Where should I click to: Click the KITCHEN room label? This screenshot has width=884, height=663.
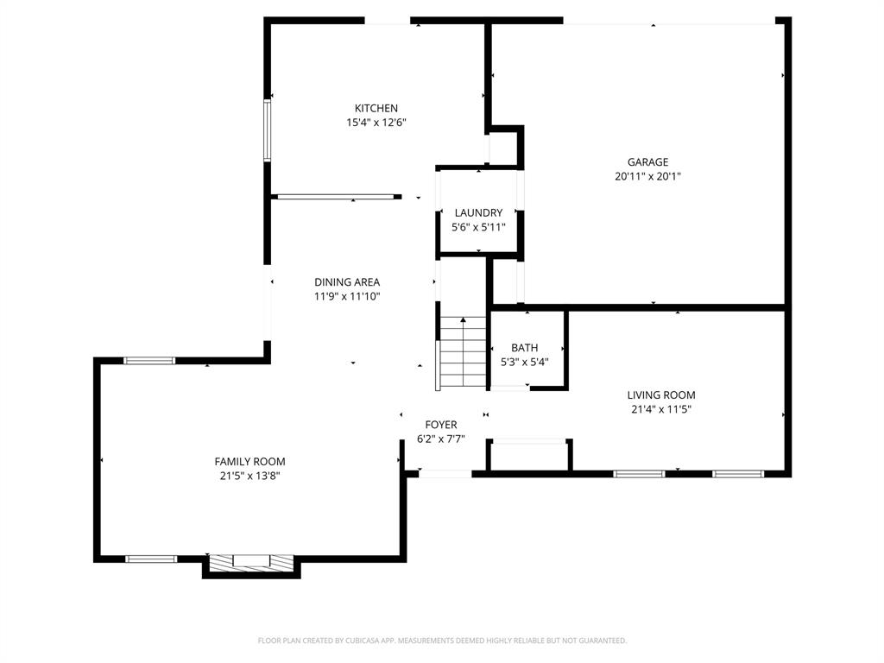coord(376,108)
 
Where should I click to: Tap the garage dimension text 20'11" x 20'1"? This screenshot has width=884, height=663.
coord(647,176)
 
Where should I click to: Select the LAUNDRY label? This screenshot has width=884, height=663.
coord(478,212)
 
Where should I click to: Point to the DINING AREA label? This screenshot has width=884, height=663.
coord(347,281)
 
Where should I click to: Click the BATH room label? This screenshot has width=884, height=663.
coord(524,347)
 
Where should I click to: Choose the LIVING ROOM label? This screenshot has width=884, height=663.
coord(661,395)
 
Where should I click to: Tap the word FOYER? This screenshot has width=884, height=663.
coord(441,424)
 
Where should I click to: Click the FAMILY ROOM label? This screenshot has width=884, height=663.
coord(249,461)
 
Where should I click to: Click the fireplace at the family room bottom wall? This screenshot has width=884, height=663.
coord(251,561)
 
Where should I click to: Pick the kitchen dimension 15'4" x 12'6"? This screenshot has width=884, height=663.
coord(376,123)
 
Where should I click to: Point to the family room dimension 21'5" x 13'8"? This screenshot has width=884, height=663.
coord(249,476)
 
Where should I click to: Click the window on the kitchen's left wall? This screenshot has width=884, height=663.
coord(268,130)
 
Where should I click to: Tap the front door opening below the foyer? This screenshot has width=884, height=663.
coord(445,473)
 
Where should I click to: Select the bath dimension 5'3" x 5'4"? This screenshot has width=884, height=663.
coord(525,362)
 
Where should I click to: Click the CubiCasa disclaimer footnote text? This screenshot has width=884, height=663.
coord(442,641)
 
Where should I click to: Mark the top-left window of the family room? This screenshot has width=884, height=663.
coord(149,360)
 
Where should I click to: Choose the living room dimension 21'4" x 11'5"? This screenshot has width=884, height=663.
coord(661,409)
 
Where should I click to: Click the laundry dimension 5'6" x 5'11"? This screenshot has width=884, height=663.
coord(478,227)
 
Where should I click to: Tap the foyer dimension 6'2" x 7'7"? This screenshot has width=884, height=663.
coord(441,439)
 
